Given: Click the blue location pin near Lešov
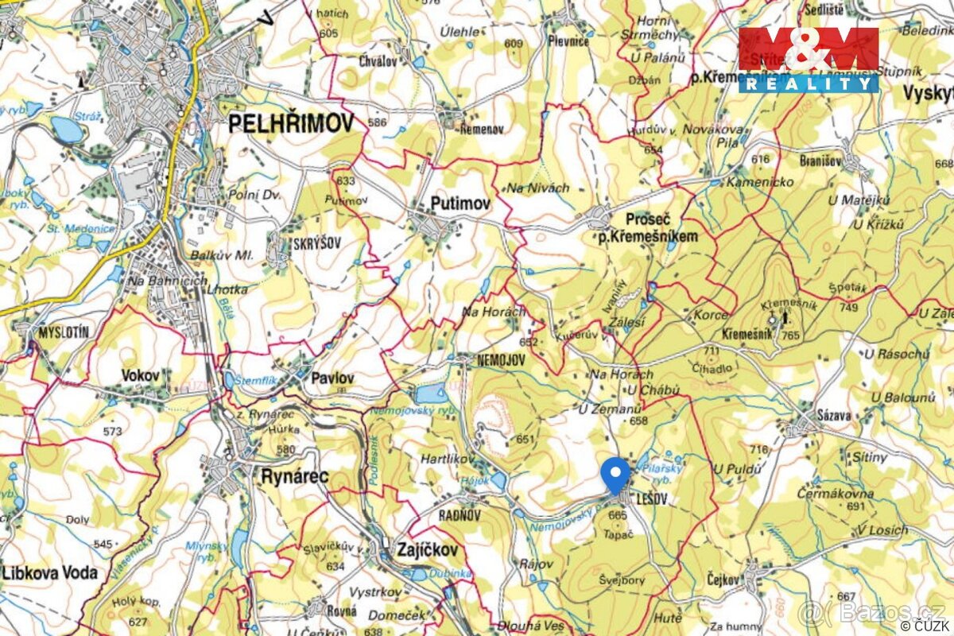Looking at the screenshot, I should [x=615, y=475].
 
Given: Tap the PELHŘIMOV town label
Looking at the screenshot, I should [x=291, y=122].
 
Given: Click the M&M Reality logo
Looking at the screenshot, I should [x=809, y=60].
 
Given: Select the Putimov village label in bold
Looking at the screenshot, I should [x=460, y=204].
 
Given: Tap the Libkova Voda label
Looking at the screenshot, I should [x=50, y=572].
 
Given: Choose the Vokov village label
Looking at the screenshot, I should [x=141, y=374].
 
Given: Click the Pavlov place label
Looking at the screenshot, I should [x=332, y=378].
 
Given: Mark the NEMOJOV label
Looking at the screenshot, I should [x=501, y=360].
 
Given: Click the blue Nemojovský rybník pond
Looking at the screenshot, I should [x=431, y=393].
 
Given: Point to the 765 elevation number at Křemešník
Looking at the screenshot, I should [x=790, y=335].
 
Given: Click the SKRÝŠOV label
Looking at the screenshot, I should [x=318, y=243].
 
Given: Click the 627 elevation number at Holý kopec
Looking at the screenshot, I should [x=138, y=622].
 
